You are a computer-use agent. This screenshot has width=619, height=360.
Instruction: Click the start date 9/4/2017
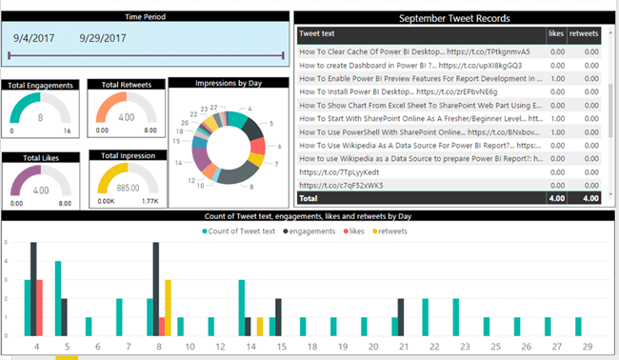39,38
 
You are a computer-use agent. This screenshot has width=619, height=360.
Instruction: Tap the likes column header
556,33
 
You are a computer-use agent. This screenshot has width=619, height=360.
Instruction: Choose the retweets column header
583,33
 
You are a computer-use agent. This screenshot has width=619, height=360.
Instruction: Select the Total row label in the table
309,198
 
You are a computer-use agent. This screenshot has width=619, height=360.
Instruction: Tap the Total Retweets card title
127,85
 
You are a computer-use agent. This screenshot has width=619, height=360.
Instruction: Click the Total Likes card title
40,156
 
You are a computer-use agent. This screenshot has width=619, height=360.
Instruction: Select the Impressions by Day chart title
228,84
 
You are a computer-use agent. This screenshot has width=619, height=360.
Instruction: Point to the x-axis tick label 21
403,347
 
